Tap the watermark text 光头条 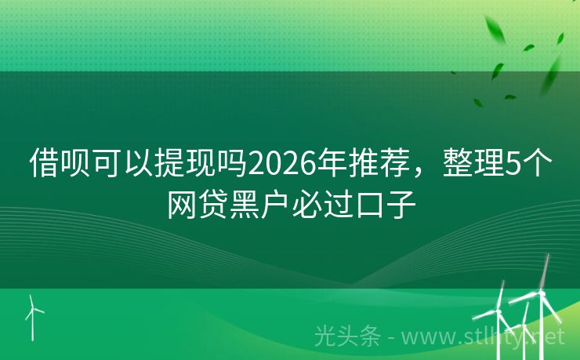(346, 336)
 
